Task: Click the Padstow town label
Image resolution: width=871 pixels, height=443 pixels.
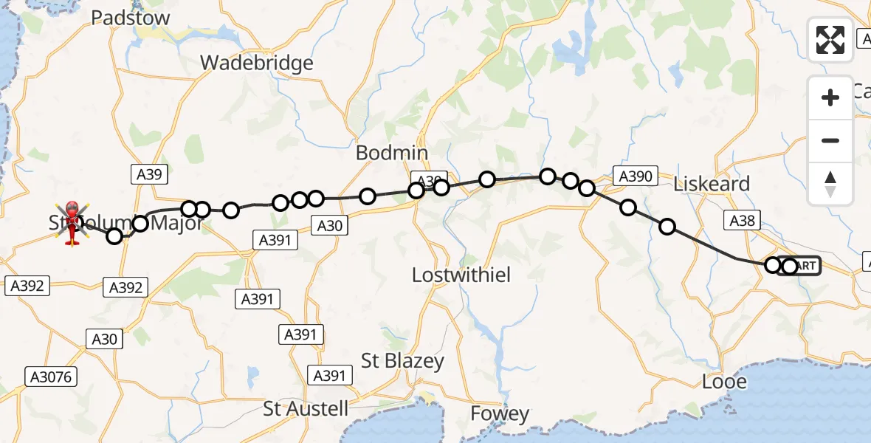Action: pyautogui.click(x=130, y=18)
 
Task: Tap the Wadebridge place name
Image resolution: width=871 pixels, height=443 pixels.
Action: pyautogui.click(x=257, y=63)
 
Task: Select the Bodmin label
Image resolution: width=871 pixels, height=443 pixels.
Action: pyautogui.click(x=392, y=153)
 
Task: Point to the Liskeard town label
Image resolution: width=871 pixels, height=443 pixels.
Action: pyautogui.click(x=712, y=184)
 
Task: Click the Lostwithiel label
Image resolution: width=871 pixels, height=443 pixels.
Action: pyautogui.click(x=462, y=275)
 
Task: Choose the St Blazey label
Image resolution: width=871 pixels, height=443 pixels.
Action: pyautogui.click(x=402, y=360)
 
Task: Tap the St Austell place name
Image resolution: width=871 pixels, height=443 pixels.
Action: pyautogui.click(x=306, y=408)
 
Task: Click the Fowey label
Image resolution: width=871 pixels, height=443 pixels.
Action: pyautogui.click(x=500, y=414)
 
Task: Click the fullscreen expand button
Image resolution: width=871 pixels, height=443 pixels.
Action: pyautogui.click(x=830, y=39)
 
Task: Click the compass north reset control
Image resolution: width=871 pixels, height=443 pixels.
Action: pyautogui.click(x=830, y=183)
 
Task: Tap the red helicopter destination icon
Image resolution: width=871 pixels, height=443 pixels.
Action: pyautogui.click(x=73, y=221)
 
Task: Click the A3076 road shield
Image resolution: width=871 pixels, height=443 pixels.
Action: pyautogui.click(x=51, y=377)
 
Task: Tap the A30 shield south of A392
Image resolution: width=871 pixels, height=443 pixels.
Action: pyautogui.click(x=103, y=339)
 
